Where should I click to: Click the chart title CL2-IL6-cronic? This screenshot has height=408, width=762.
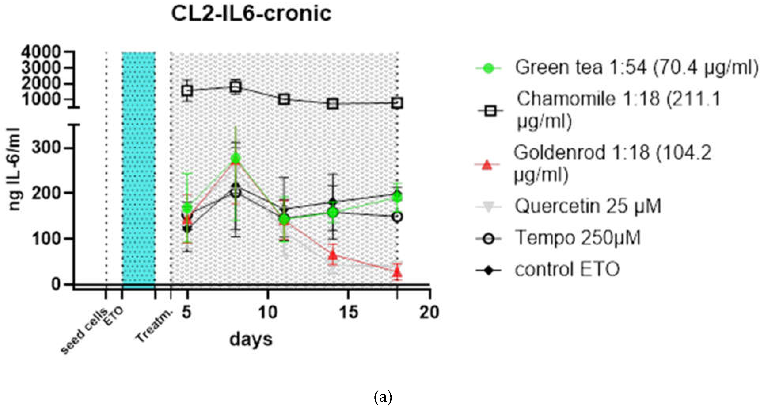251,14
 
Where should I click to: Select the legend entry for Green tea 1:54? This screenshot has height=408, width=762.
636,68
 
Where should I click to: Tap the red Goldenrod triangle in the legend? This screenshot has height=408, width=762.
487,165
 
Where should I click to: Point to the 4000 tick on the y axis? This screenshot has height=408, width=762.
41,52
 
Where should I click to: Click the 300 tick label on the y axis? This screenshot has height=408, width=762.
46,147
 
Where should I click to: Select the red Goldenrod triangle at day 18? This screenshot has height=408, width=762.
397,271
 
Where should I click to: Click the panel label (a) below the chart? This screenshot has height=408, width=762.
383,398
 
